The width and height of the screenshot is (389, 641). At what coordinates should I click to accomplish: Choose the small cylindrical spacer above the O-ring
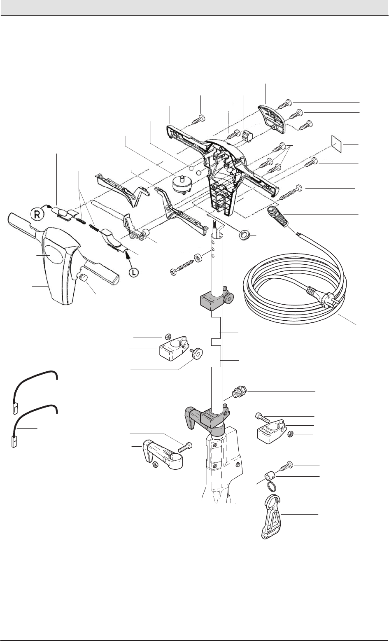click(x=268, y=476)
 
